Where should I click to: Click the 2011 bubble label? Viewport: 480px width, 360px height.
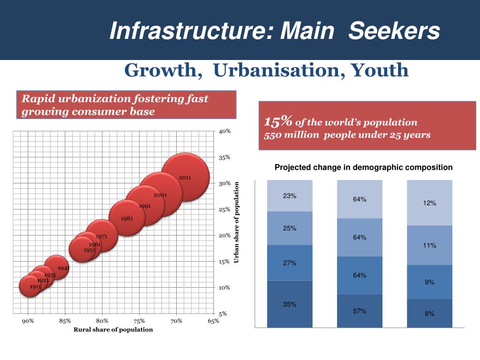(185, 178)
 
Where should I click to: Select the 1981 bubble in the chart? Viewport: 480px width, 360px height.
(127, 218)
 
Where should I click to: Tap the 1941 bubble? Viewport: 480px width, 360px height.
(57, 267)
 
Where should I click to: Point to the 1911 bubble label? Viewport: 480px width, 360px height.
(35, 286)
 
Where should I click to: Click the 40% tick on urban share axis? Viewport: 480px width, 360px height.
(225, 131)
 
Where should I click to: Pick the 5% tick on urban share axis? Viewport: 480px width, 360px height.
(223, 314)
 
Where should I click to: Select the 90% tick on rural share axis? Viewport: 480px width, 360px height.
(28, 321)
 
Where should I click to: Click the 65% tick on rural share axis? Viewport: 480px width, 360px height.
(213, 321)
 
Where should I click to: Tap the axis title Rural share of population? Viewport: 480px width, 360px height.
(113, 330)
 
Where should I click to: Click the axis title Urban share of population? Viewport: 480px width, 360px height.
(237, 222)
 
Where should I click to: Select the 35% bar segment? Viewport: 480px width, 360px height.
(289, 304)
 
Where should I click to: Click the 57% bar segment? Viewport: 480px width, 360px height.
(360, 311)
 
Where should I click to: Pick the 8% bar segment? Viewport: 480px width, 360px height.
(429, 314)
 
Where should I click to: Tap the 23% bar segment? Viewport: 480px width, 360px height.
(289, 196)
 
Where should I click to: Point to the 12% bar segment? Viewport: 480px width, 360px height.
(429, 203)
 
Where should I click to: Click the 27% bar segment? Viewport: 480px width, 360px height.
(289, 263)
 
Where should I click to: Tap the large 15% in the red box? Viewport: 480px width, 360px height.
(278, 122)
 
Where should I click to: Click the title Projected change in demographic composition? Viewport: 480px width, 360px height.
(363, 167)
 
